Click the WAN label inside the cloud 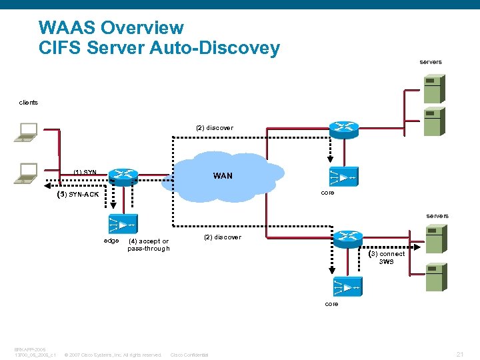[223, 176]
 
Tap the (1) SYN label [85, 173]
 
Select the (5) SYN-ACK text [78, 195]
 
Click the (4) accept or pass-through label [148, 245]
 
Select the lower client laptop [27, 173]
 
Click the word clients [29, 103]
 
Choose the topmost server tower [434, 88]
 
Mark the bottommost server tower [435, 277]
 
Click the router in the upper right [343, 129]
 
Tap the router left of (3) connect [347, 238]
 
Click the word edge [111, 241]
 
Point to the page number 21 [459, 354]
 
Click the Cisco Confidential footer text [190, 355]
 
